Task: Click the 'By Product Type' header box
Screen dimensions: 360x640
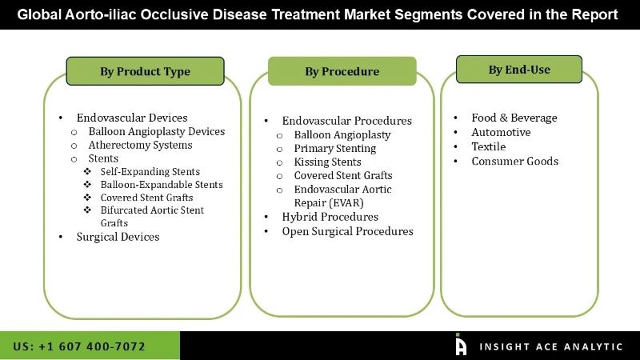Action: pyautogui.click(x=145, y=71)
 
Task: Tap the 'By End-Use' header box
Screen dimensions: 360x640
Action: pyautogui.click(x=519, y=70)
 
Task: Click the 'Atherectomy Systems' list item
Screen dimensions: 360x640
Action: pyautogui.click(x=140, y=145)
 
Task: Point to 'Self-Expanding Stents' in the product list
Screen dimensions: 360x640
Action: pyautogui.click(x=150, y=171)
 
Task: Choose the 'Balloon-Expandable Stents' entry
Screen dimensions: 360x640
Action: pyautogui.click(x=162, y=184)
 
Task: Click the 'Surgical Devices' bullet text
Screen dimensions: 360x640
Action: pyautogui.click(x=118, y=237)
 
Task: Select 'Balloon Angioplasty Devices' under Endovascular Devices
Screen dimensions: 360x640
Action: pyautogui.click(x=157, y=131)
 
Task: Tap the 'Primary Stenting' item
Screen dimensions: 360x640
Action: pyautogui.click(x=334, y=148)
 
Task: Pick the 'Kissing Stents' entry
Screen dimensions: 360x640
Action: pyautogui.click(x=327, y=162)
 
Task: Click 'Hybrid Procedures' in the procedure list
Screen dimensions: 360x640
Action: pyautogui.click(x=330, y=217)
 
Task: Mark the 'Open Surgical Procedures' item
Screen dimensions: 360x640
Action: pyautogui.click(x=347, y=231)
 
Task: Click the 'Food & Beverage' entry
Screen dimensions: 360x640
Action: pyautogui.click(x=514, y=118)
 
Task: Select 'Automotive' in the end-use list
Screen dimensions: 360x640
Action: pyautogui.click(x=501, y=132)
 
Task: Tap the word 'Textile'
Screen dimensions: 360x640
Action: pyautogui.click(x=488, y=146)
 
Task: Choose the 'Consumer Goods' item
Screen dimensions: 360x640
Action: pyautogui.click(x=514, y=161)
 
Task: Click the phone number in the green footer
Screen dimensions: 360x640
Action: pyautogui.click(x=79, y=346)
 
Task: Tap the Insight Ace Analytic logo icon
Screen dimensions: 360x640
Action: pyautogui.click(x=460, y=345)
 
